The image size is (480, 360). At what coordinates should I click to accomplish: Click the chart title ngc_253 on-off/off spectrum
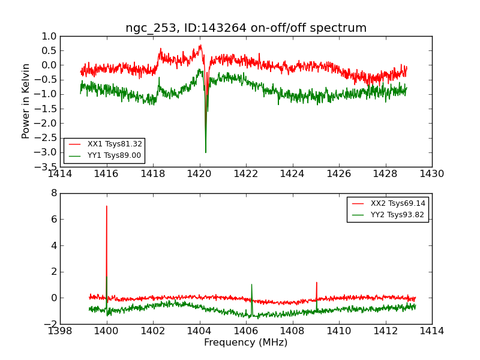tap(246, 28)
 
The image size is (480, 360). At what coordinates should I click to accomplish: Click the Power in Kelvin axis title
tap(26, 101)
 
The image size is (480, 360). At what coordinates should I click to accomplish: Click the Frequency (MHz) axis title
tap(246, 343)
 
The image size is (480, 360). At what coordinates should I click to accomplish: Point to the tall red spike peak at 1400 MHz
tap(107, 206)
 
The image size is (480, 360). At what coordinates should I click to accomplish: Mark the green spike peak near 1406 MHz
tap(251, 284)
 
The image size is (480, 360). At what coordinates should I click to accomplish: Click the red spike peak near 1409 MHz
tap(316, 282)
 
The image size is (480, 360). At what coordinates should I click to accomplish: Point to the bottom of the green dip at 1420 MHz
tap(206, 152)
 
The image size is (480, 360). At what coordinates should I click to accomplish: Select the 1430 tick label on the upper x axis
tap(431, 174)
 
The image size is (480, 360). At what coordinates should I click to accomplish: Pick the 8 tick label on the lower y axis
tap(53, 193)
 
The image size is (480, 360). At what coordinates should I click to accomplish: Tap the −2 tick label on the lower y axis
tap(50, 324)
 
